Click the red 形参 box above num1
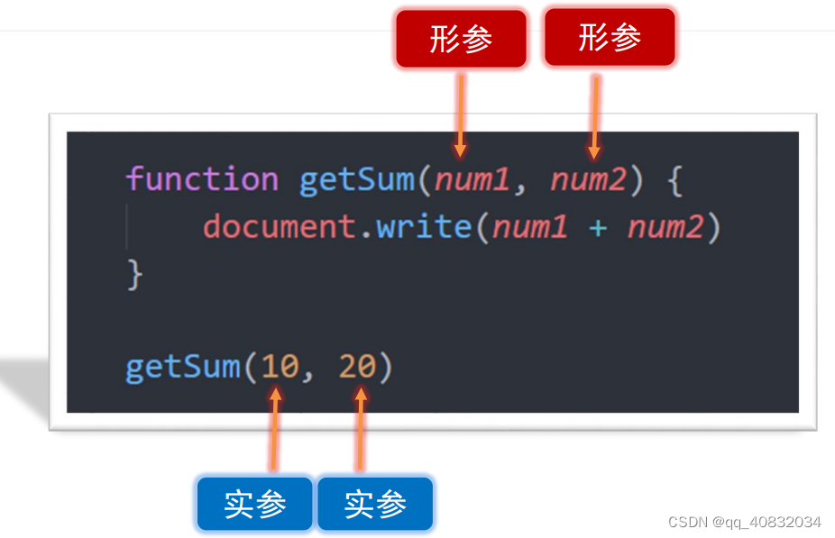tap(461, 39)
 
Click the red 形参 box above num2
tap(610, 38)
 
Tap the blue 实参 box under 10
tap(255, 504)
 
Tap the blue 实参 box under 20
tap(375, 504)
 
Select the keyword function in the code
tap(202, 179)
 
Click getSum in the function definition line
tap(357, 179)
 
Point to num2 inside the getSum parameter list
tap(588, 180)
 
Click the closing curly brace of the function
tap(135, 274)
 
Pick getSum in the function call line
tap(183, 368)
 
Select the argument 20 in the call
tap(357, 368)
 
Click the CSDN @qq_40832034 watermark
tap(744, 522)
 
